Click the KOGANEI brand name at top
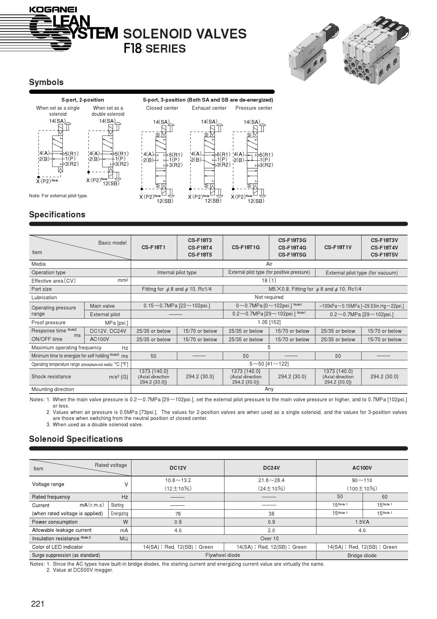[x=53, y=10]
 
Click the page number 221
[x=38, y=604]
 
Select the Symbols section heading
[x=46, y=82]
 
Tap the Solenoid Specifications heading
[x=76, y=439]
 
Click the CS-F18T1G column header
[x=246, y=247]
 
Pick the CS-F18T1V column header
[x=338, y=247]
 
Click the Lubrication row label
[x=44, y=298]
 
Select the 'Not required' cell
[x=269, y=298]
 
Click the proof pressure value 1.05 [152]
[x=269, y=323]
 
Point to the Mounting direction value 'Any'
[x=269, y=389]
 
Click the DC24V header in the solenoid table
[x=271, y=468]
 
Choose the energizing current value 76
[x=178, y=514]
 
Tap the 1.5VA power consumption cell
[x=362, y=522]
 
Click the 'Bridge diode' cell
[x=362, y=555]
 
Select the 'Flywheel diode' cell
[x=223, y=555]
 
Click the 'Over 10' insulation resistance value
[x=269, y=539]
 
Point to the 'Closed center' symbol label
[x=162, y=108]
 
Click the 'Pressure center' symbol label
[x=254, y=108]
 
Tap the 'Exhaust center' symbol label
[x=209, y=108]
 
